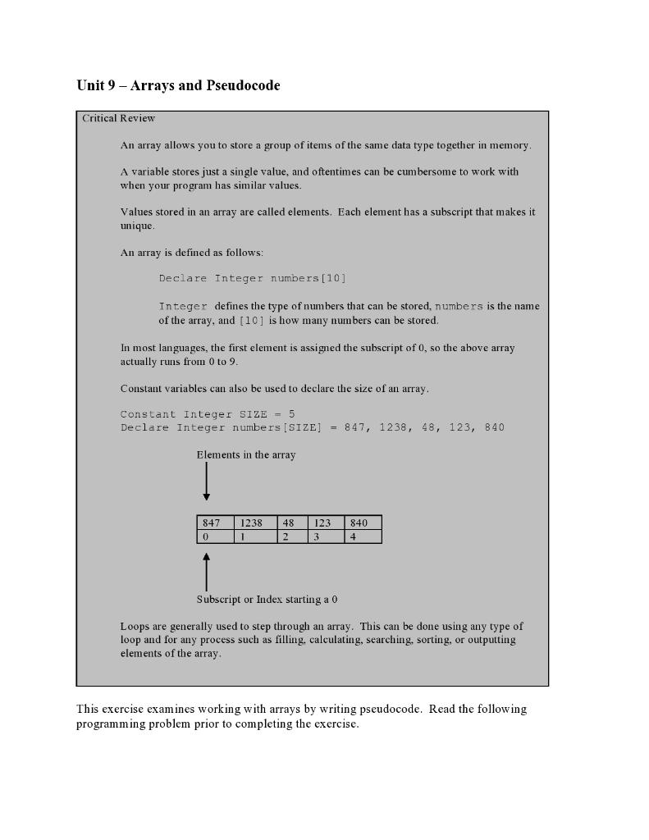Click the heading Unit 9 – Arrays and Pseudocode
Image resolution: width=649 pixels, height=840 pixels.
point(178,85)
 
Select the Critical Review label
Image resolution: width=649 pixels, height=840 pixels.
point(118,118)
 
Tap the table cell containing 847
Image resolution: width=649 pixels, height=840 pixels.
point(216,523)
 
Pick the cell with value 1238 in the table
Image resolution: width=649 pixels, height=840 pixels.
point(254,523)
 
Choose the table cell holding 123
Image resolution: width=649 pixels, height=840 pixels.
point(326,523)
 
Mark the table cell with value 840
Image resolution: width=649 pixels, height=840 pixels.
point(363,523)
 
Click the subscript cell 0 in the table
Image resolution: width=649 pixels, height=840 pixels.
point(216,536)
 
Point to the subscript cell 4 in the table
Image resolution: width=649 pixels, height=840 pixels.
point(363,536)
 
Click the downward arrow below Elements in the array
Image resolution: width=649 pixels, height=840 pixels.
point(206,482)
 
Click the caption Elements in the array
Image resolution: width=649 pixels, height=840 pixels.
point(246,454)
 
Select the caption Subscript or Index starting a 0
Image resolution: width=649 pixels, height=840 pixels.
point(267,599)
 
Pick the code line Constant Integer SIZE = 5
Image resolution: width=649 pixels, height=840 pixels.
point(208,414)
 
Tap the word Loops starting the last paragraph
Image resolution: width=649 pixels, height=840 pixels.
point(135,626)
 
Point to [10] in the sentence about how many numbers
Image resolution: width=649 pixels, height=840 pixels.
point(251,320)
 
